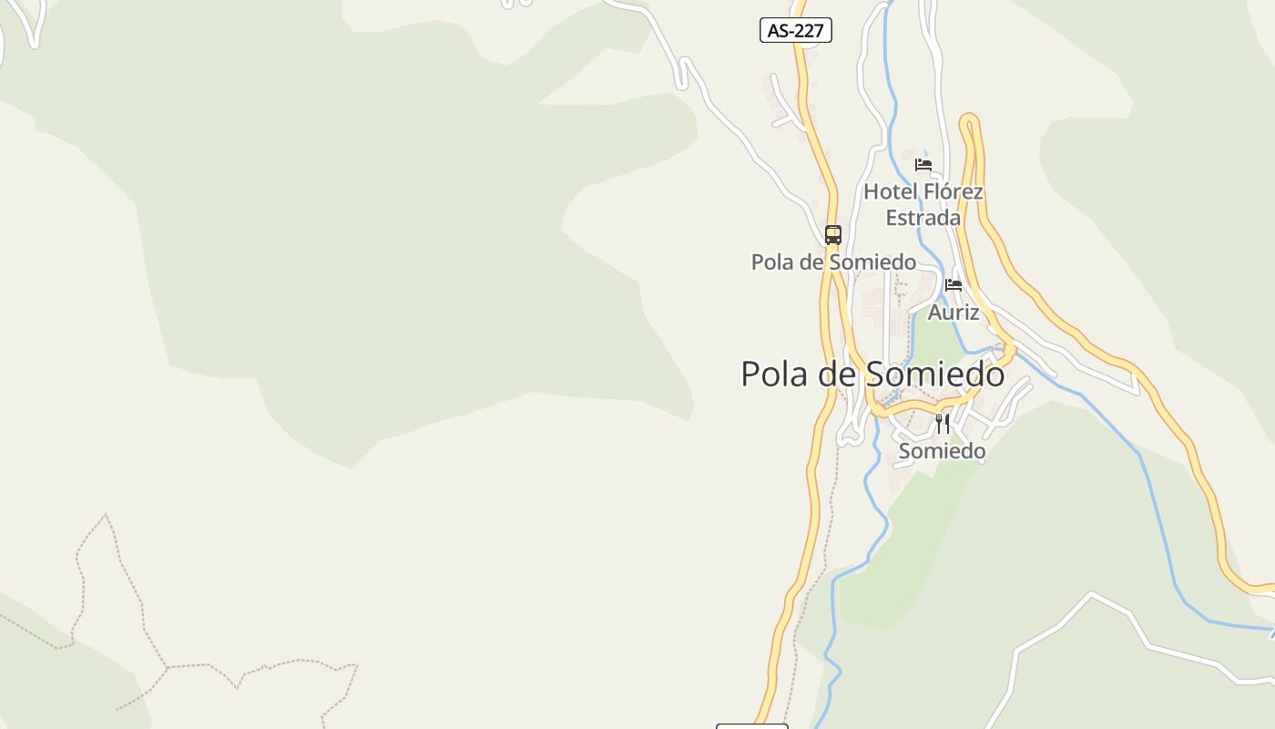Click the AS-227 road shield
pos(795,30)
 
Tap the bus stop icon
pos(832,234)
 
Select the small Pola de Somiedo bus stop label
pos(833,262)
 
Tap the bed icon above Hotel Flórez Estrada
pos(923,165)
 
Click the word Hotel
pos(891,192)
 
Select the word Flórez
pos(953,192)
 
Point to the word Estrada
pos(923,218)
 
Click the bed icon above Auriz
pos(954,285)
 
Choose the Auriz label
pos(954,313)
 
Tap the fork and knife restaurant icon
pos(943,424)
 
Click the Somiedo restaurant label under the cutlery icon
pos(942,451)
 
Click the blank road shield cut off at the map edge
pos(751,726)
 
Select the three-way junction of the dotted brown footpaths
pos(168,667)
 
